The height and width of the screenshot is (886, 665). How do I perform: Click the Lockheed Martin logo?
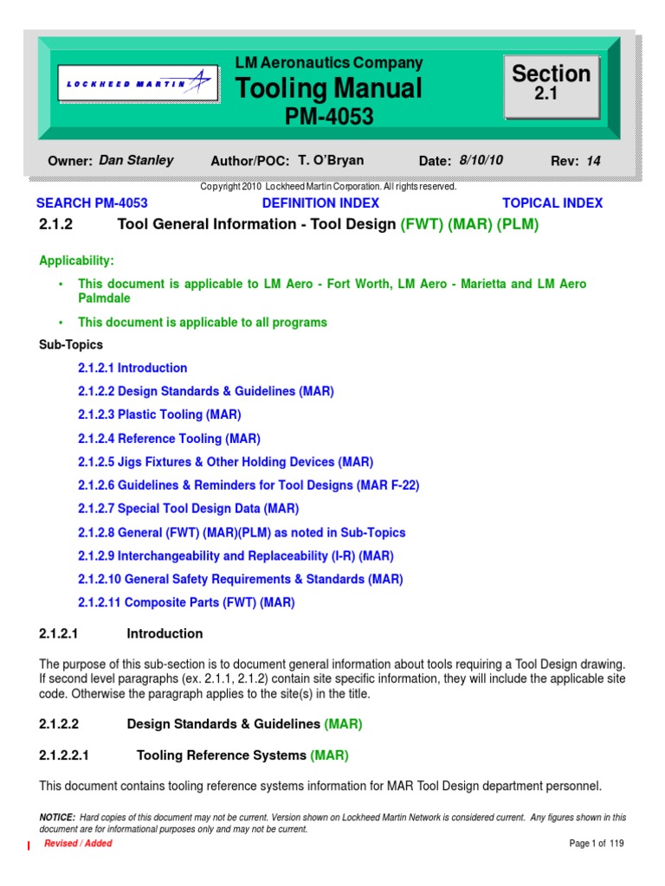pos(138,84)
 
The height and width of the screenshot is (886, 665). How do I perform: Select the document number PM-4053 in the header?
pos(330,117)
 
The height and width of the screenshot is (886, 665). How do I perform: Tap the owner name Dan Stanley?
pos(136,160)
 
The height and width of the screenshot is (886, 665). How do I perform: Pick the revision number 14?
pos(593,160)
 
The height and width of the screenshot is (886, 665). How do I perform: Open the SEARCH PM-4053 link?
pos(92,203)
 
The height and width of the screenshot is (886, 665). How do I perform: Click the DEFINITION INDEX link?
pos(320,203)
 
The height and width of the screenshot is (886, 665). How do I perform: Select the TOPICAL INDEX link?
pos(552,203)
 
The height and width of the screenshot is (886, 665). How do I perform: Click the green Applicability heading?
pos(77,260)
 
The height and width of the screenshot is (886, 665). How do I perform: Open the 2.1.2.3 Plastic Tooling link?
pos(159,414)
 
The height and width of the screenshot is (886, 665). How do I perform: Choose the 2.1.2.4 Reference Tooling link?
pos(169,439)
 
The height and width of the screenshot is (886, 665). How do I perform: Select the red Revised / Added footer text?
pos(78,844)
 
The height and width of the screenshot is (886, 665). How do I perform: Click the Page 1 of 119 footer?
pos(597,844)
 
